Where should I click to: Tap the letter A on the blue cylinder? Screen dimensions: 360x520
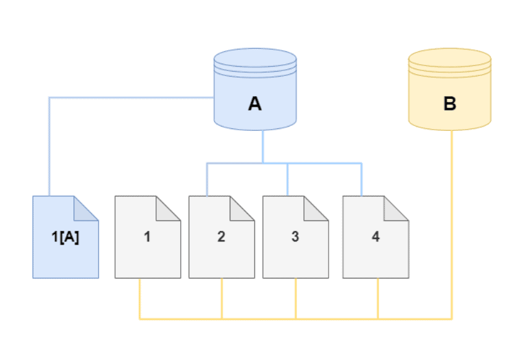pos(254,104)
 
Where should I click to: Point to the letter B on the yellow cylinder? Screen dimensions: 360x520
pos(450,104)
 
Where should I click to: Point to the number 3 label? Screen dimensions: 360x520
pos(295,237)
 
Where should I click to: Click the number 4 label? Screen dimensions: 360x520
pos(375,237)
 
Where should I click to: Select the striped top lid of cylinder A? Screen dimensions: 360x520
pos(254,62)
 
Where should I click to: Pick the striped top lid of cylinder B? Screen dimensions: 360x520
pos(449,62)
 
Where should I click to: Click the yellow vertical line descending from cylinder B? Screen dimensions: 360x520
pos(451,222)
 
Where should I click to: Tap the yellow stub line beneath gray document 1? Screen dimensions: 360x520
pos(140,299)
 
